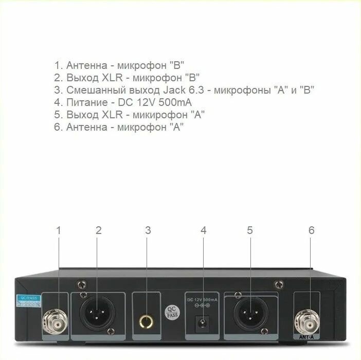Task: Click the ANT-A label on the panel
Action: (x=308, y=337)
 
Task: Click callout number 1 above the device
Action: (x=59, y=230)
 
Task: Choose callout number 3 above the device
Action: (x=148, y=230)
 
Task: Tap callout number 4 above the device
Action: (x=204, y=230)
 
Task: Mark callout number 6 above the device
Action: (x=311, y=230)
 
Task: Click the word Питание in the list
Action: (x=86, y=103)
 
